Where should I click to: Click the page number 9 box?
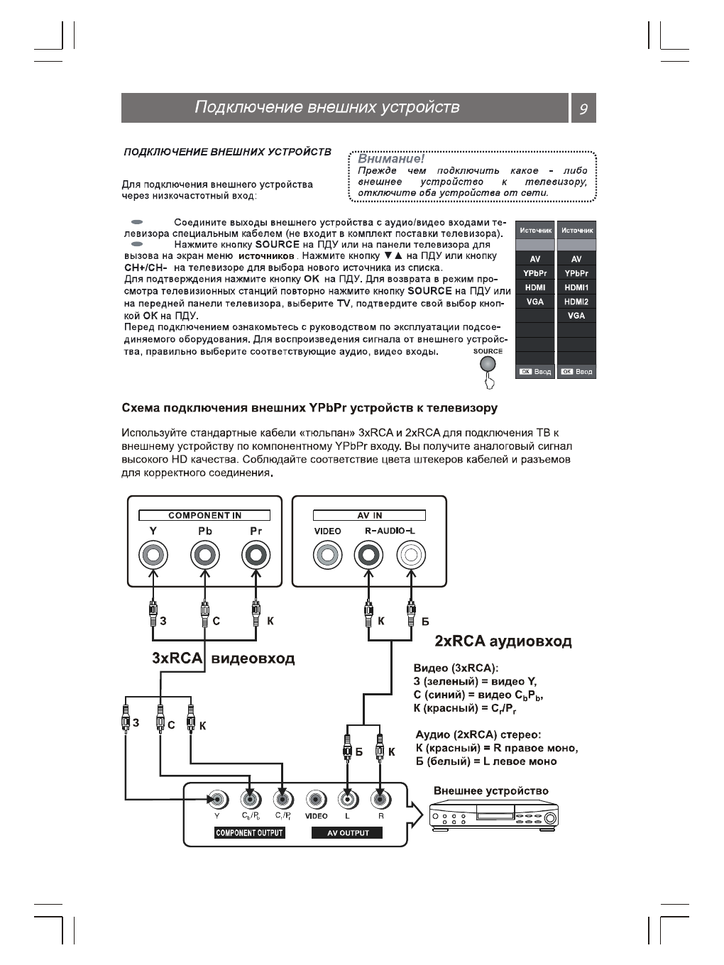click(583, 109)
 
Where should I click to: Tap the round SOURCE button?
click(488, 364)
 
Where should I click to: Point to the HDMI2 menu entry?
click(576, 302)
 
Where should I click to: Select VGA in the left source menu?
click(534, 302)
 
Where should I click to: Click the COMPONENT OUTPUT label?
click(249, 833)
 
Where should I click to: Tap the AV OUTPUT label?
click(347, 833)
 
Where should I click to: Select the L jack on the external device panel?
click(347, 800)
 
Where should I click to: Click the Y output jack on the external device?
click(218, 800)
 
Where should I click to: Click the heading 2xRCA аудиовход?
click(503, 641)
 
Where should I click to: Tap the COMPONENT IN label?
click(204, 515)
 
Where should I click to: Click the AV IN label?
click(369, 515)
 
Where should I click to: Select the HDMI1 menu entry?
click(576, 287)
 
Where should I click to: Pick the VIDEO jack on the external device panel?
click(316, 800)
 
